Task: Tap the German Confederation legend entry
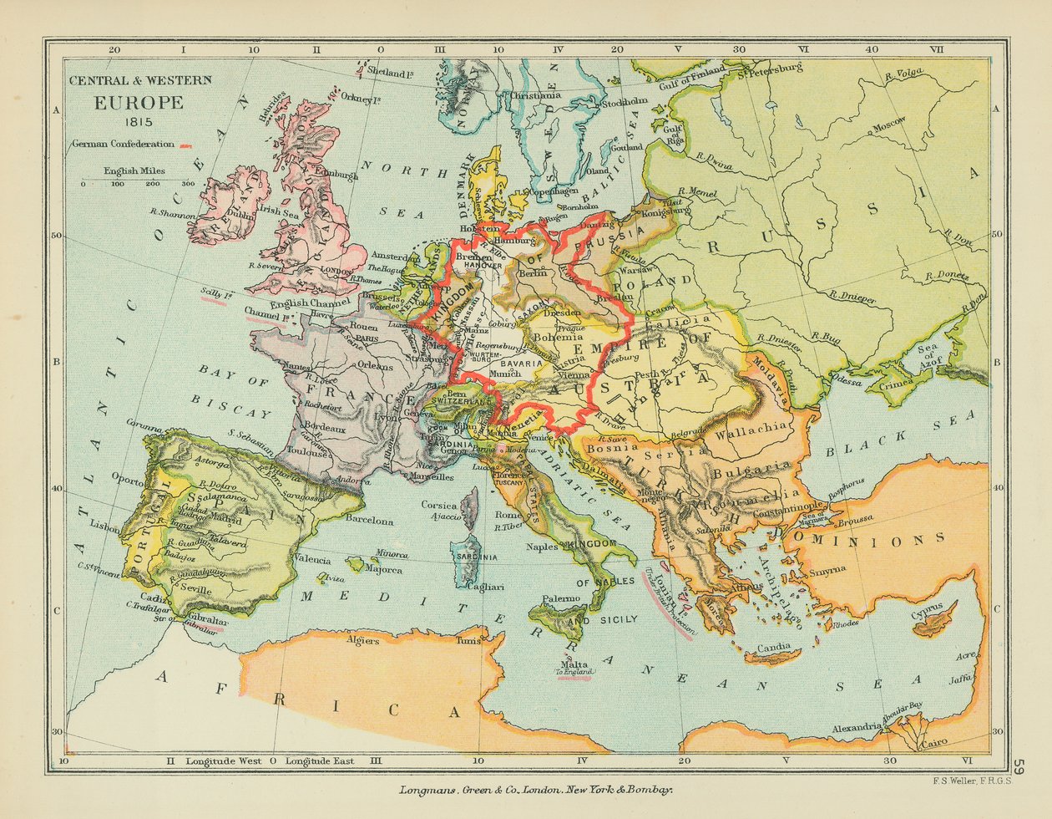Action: pyautogui.click(x=124, y=144)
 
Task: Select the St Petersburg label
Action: pyautogui.click(x=769, y=71)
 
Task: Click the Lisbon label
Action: pyautogui.click(x=107, y=527)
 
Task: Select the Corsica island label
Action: pyautogui.click(x=438, y=505)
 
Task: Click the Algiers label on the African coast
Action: pyautogui.click(x=363, y=641)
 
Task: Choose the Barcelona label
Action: pyautogui.click(x=369, y=521)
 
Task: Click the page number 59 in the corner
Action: pyautogui.click(x=1020, y=766)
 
